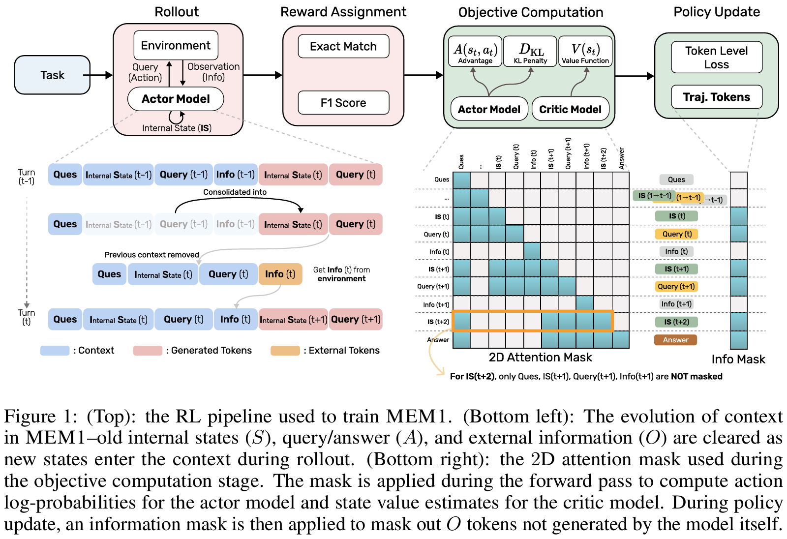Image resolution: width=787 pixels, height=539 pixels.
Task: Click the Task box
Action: tap(52, 75)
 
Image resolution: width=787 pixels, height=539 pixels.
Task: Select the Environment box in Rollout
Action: tap(176, 46)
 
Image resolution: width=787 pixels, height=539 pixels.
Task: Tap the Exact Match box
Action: tap(343, 47)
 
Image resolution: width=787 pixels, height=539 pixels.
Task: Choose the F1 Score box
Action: tap(343, 103)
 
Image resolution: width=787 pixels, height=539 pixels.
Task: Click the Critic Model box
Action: tap(570, 109)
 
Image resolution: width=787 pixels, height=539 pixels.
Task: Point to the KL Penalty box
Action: tap(530, 51)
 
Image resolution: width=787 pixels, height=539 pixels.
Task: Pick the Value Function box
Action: tap(585, 51)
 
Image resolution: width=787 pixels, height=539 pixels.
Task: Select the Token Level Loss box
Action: tap(716, 58)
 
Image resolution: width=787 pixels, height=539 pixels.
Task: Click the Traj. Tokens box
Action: tap(716, 97)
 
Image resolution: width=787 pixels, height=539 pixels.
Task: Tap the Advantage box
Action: tap(475, 51)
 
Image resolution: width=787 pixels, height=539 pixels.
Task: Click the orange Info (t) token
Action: tap(280, 274)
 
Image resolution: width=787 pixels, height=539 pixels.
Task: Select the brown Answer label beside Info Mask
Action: tap(675, 340)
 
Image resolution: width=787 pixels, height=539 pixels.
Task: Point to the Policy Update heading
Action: tap(716, 12)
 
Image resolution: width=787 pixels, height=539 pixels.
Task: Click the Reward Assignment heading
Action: tap(343, 12)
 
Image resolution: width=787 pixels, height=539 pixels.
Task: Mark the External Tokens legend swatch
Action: tap(285, 351)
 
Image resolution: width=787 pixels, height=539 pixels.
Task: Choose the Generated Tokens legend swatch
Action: tap(148, 351)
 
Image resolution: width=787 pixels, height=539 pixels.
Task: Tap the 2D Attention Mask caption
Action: tap(540, 358)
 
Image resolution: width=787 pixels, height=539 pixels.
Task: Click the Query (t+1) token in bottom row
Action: tap(356, 320)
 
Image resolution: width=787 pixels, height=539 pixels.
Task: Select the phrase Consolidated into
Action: tap(235, 192)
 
